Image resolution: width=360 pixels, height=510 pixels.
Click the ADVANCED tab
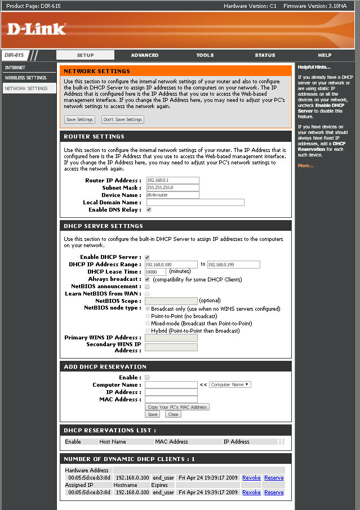(x=145, y=55)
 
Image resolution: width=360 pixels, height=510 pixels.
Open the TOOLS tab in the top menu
(x=205, y=55)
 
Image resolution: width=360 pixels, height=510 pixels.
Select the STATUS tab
(x=265, y=55)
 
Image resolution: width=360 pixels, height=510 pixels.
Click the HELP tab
(x=325, y=55)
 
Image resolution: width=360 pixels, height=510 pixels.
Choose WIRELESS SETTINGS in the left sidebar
(x=25, y=78)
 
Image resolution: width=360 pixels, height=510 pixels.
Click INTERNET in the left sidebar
(x=15, y=68)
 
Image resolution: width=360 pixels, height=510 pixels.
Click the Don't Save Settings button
(x=123, y=119)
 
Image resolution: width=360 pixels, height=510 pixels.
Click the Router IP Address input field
(x=172, y=181)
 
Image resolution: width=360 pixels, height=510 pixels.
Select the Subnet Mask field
(x=172, y=188)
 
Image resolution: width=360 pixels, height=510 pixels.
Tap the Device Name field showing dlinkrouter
(x=172, y=195)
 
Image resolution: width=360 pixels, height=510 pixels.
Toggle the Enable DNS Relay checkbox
(x=149, y=209)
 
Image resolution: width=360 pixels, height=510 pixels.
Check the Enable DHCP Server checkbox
(x=147, y=257)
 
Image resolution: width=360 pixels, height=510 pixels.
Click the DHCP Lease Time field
(x=155, y=272)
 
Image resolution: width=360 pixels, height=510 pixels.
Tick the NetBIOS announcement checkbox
(x=147, y=287)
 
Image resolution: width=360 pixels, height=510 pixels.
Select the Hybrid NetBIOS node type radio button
(x=148, y=331)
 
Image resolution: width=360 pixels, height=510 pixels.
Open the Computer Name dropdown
(x=230, y=384)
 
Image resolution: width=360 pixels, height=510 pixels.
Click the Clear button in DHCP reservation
(x=173, y=414)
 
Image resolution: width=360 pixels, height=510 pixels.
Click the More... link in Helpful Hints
(x=305, y=165)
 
